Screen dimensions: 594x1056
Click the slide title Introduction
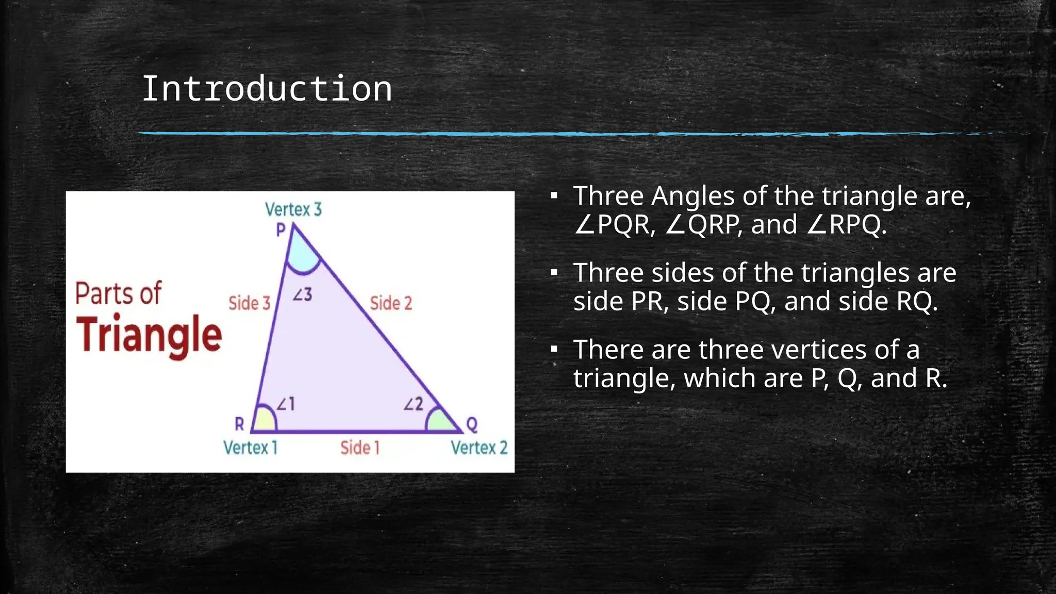click(x=267, y=89)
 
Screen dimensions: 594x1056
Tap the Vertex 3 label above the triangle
click(x=293, y=209)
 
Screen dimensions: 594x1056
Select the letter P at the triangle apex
click(x=280, y=230)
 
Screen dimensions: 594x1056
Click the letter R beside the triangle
click(x=239, y=424)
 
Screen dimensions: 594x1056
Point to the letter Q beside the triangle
click(x=472, y=425)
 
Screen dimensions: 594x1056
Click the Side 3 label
click(x=250, y=303)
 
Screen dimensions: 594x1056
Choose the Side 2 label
click(x=391, y=303)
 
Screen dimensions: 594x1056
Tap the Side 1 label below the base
click(x=360, y=448)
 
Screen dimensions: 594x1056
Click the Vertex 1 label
click(x=250, y=448)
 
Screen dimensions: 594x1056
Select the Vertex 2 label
click(x=479, y=448)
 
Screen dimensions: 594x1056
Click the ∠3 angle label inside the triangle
click(x=303, y=295)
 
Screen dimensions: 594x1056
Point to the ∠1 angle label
click(x=286, y=404)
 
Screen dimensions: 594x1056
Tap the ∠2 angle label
click(x=413, y=404)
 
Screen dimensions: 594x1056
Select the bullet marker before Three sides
click(x=554, y=273)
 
